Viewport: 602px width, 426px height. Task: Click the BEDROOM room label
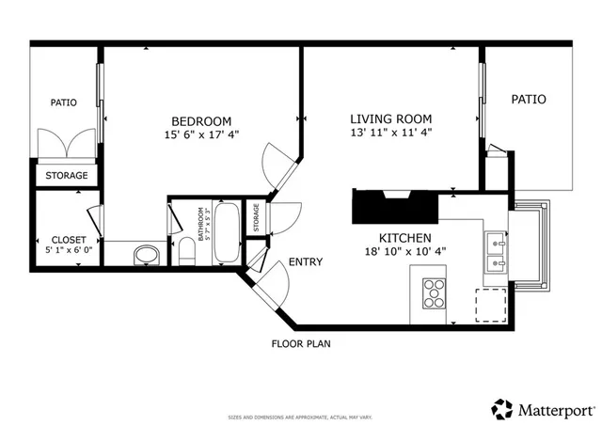(200, 120)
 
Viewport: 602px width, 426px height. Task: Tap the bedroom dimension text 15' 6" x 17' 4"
(200, 134)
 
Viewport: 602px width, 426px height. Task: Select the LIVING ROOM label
(390, 118)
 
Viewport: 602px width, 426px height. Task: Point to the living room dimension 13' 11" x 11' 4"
(390, 133)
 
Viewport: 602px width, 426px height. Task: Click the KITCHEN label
(404, 238)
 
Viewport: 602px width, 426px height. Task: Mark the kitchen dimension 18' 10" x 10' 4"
(404, 252)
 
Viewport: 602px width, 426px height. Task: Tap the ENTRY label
(306, 261)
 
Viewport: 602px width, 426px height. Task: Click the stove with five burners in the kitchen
(435, 293)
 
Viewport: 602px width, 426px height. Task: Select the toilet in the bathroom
(186, 252)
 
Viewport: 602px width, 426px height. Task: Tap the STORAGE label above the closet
(67, 176)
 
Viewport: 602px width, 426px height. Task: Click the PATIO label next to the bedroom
(63, 103)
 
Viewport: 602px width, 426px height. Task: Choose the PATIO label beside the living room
(528, 99)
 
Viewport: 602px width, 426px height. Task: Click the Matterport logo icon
(501, 408)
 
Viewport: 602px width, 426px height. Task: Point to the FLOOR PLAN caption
(301, 344)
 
